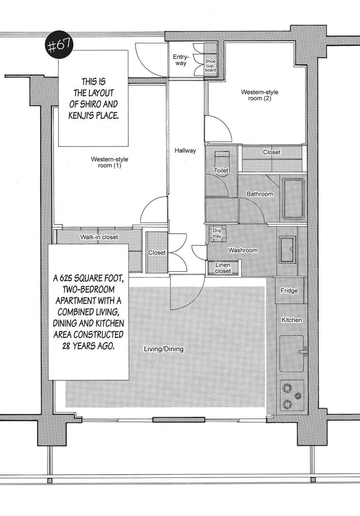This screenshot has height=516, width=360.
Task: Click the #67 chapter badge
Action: (x=59, y=45)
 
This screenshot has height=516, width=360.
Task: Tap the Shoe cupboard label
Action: (x=211, y=65)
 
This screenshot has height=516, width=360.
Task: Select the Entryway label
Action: (x=181, y=60)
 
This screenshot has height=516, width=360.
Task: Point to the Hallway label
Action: (x=185, y=150)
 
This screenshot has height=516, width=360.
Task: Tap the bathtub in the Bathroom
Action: (x=293, y=199)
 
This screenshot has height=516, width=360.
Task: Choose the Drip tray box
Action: (x=217, y=233)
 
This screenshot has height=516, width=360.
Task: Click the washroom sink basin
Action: (x=288, y=249)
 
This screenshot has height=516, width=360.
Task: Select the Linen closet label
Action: (x=223, y=268)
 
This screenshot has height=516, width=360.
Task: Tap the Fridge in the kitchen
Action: (x=290, y=291)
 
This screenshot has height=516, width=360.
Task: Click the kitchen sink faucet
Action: (x=303, y=352)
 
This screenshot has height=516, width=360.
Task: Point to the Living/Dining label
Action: (x=163, y=349)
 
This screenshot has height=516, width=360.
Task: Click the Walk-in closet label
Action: (x=99, y=237)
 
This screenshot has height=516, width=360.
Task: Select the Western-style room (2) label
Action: (x=259, y=95)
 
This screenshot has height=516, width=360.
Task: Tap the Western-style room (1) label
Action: (x=110, y=162)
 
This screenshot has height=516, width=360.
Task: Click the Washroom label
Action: (x=242, y=250)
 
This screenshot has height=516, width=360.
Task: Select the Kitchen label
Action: (x=292, y=320)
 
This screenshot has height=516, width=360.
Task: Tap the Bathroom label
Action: (x=260, y=194)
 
